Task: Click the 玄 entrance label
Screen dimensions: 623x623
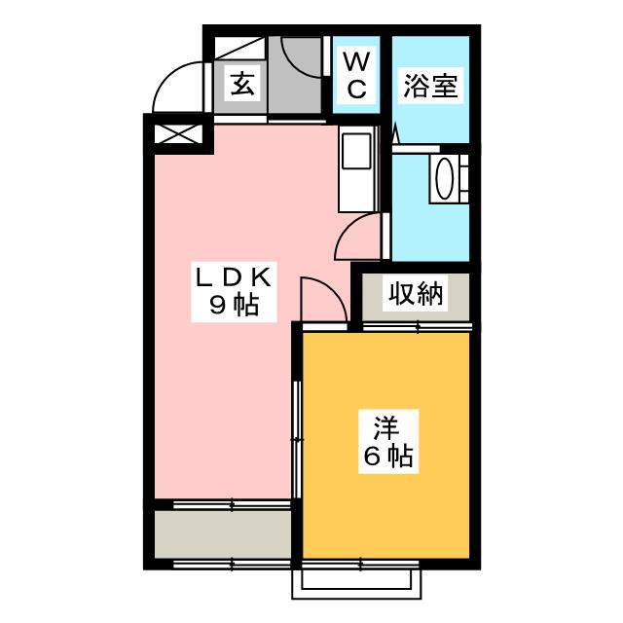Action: pyautogui.click(x=242, y=84)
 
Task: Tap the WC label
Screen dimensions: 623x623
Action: pyautogui.click(x=356, y=76)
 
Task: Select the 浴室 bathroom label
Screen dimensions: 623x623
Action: pyautogui.click(x=430, y=86)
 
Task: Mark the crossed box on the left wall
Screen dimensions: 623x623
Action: pyautogui.click(x=176, y=133)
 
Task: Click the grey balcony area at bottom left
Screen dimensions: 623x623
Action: pyautogui.click(x=222, y=533)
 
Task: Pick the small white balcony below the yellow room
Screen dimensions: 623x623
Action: pyautogui.click(x=361, y=579)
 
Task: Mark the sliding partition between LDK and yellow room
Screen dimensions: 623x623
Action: pyautogui.click(x=298, y=428)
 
